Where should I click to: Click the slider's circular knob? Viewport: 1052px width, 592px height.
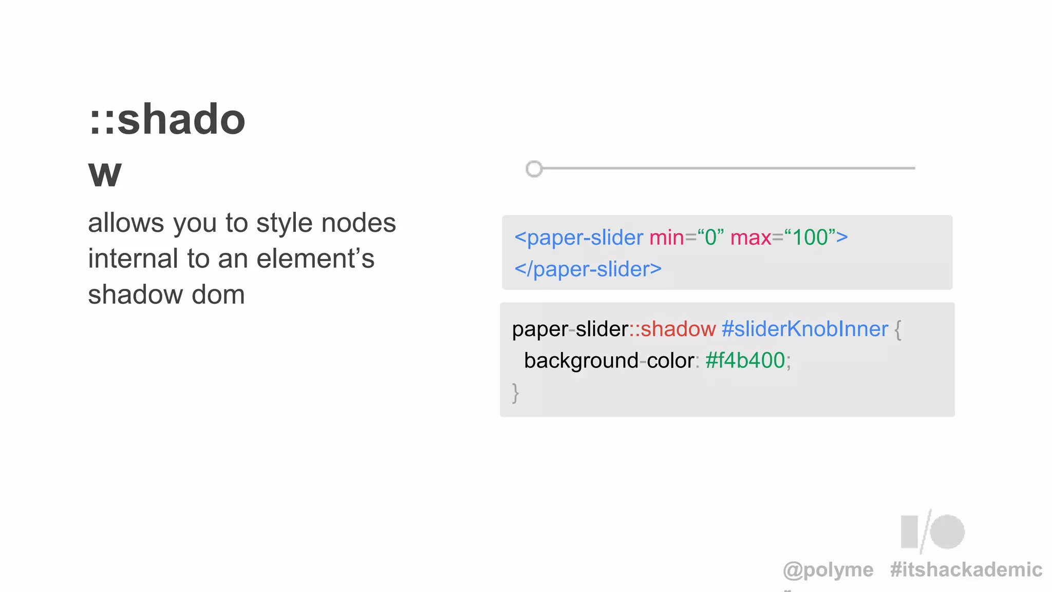(x=534, y=169)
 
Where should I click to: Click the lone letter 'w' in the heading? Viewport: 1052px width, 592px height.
(x=105, y=174)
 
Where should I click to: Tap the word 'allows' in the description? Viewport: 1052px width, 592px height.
(x=126, y=223)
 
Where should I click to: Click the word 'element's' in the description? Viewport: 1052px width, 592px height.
(x=315, y=258)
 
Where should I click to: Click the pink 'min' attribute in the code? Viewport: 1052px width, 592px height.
(x=666, y=237)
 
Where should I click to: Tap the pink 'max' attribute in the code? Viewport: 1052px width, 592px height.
(x=750, y=237)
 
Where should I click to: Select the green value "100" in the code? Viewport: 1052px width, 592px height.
(x=810, y=237)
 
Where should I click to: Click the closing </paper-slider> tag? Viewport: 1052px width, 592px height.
(x=588, y=269)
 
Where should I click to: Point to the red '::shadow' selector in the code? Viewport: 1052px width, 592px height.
(x=672, y=329)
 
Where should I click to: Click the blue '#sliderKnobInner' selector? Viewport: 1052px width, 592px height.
(x=805, y=329)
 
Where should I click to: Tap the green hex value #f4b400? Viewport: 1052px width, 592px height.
(x=745, y=361)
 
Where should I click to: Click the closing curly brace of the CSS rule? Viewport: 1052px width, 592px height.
(x=515, y=393)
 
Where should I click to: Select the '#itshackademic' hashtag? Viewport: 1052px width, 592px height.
(x=966, y=569)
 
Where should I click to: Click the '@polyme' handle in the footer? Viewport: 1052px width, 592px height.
(x=828, y=569)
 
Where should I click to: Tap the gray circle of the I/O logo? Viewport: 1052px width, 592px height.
(x=947, y=532)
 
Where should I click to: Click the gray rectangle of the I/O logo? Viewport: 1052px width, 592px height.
(x=909, y=532)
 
